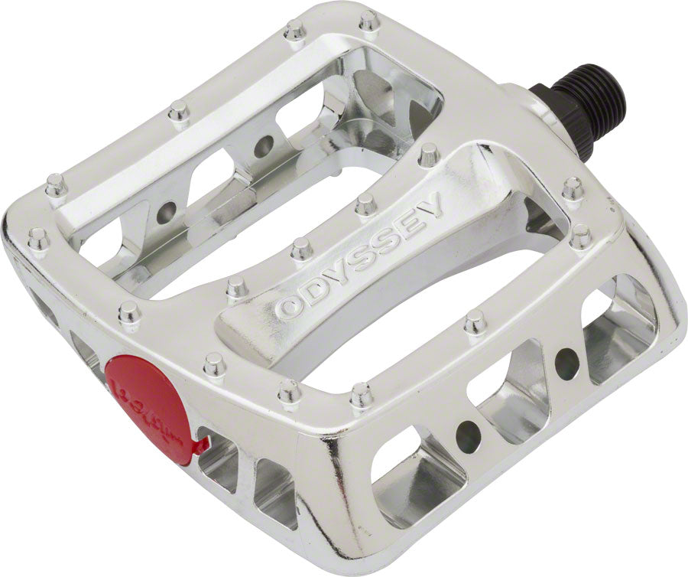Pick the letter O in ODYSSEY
tap(290, 307)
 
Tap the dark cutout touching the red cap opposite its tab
tap(92, 360)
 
